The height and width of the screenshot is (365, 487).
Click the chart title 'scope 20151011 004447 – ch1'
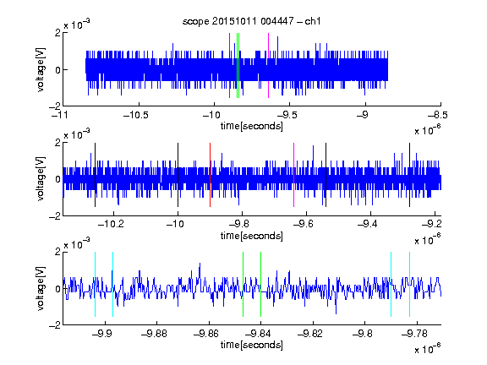tap(252, 21)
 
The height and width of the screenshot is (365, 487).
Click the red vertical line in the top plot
tap(229, 66)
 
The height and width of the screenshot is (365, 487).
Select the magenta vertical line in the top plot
tap(268, 66)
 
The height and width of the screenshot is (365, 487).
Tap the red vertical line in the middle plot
tap(211, 175)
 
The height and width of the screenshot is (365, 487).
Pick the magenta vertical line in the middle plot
tap(294, 175)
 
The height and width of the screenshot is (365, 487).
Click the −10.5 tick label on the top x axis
tap(136, 116)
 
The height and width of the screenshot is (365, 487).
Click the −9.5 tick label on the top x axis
tap(287, 116)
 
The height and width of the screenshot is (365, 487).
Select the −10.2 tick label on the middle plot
tap(111, 224)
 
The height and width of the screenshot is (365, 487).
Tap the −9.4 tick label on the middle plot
tap(368, 224)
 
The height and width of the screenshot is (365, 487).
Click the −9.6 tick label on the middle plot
tap(304, 224)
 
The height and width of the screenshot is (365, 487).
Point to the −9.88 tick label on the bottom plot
tap(154, 334)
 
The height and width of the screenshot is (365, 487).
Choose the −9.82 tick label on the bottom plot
tap(310, 334)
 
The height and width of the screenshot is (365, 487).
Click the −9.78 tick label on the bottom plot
tap(414, 334)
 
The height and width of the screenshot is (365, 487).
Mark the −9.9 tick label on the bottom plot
tap(102, 334)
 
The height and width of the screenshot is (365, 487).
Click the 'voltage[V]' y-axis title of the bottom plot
tap(41, 288)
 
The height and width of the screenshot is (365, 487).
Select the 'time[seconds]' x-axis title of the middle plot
tap(252, 236)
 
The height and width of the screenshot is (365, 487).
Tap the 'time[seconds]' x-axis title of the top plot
tap(252, 126)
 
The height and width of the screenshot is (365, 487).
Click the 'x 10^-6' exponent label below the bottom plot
tap(428, 348)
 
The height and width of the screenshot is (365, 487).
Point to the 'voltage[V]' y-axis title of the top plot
tap(41, 69)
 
